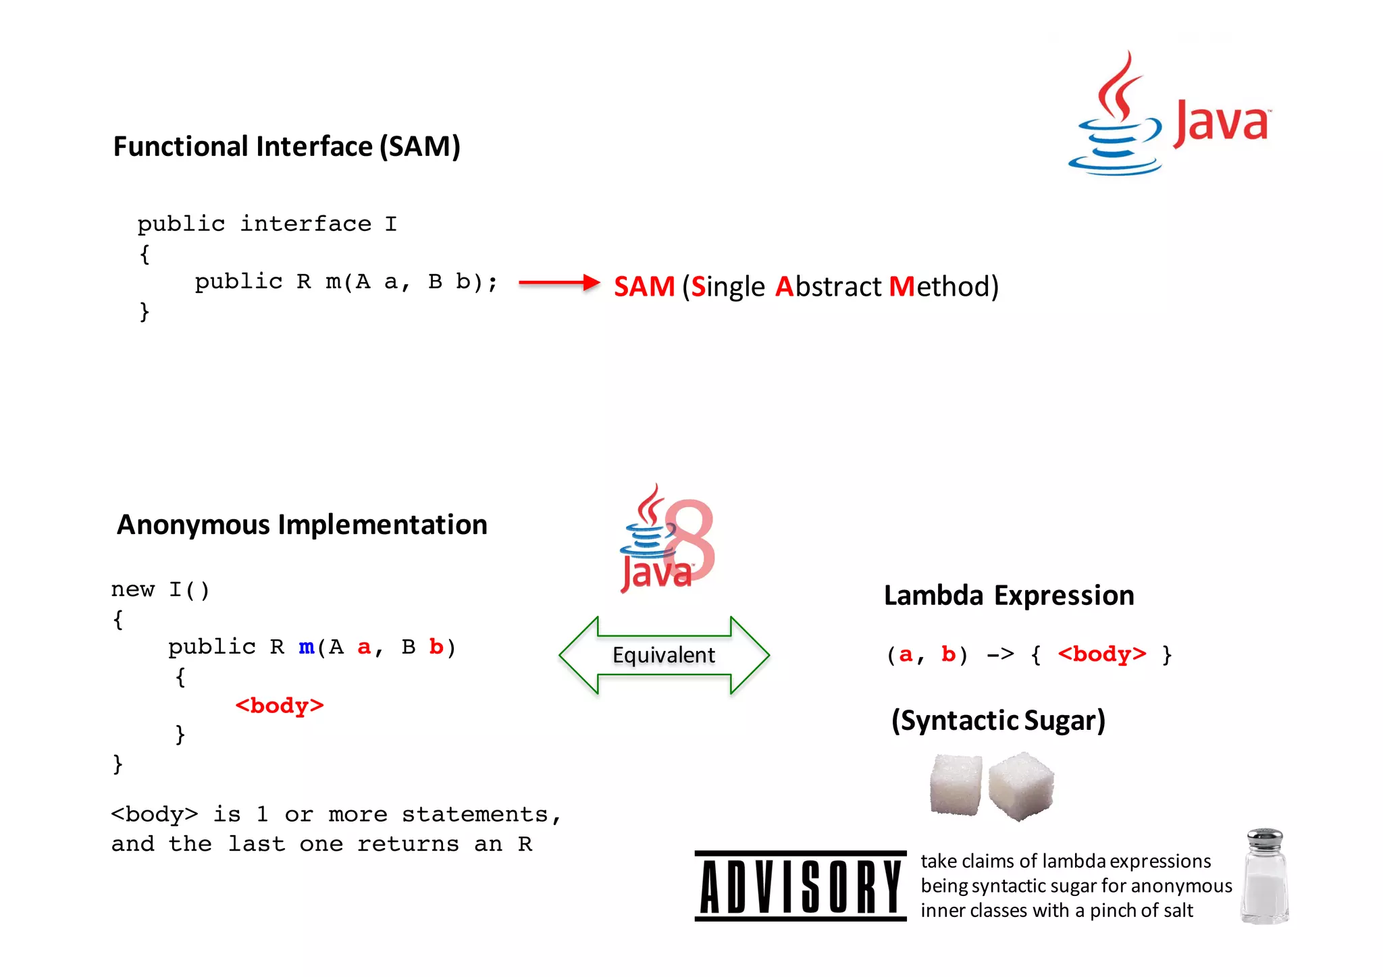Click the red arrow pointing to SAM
pyautogui.click(x=559, y=282)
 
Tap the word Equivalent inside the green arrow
pyautogui.click(x=663, y=655)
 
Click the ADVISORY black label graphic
pyautogui.click(x=800, y=886)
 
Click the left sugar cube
pyautogui.click(x=955, y=785)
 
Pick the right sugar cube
pyautogui.click(x=1020, y=786)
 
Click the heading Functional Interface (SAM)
pyautogui.click(x=286, y=147)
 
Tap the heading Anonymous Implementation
pyautogui.click(x=302, y=525)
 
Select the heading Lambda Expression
pyautogui.click(x=1009, y=596)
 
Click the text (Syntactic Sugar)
pyautogui.click(x=998, y=720)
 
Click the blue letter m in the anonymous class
pyautogui.click(x=307, y=647)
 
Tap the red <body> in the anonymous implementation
pyautogui.click(x=280, y=706)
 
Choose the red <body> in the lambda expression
pyautogui.click(x=1102, y=654)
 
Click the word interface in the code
pyautogui.click(x=306, y=223)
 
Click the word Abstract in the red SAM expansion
pyautogui.click(x=828, y=286)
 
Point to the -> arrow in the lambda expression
pyautogui.click(x=1000, y=654)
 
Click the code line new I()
pyautogui.click(x=161, y=589)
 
